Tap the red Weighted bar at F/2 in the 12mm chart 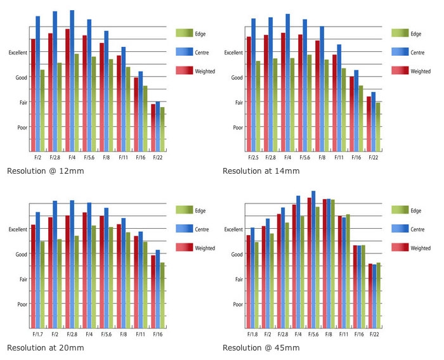33,95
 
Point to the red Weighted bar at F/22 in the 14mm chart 369,124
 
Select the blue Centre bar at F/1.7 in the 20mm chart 38,269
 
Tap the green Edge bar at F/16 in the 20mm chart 162,295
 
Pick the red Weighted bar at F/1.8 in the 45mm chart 249,281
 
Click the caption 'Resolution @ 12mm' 45,171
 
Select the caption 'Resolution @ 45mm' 261,348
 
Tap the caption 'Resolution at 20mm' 45,348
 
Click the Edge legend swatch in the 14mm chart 400,34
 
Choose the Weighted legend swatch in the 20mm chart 184,248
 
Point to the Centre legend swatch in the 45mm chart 400,229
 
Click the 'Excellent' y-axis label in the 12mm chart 18,53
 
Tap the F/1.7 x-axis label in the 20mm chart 37,333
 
